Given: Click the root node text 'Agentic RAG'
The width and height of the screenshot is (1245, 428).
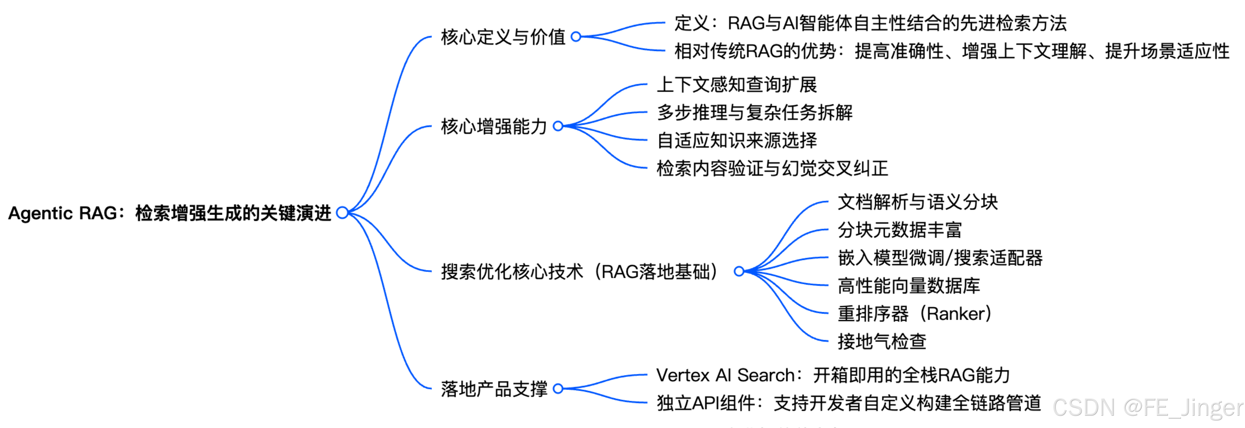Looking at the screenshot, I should (63, 213).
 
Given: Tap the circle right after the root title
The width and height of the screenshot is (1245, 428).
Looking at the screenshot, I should (342, 213).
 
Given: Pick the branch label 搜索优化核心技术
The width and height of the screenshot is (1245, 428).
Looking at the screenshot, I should (512, 272).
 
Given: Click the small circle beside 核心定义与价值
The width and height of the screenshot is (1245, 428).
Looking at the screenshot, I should (576, 37).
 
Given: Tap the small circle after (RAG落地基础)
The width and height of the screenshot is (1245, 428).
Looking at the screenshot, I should (738, 272).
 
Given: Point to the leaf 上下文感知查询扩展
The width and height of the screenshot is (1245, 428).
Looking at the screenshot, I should (736, 85).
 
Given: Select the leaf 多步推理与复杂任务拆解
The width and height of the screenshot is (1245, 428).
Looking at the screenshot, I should (754, 112).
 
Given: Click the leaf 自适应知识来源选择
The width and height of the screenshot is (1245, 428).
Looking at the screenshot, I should (736, 140).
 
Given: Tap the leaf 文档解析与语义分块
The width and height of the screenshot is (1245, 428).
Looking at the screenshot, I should (917, 202).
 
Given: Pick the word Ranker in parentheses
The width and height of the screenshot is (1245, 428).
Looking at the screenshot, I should (956, 314).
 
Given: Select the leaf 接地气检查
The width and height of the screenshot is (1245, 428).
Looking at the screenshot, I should (881, 342).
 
